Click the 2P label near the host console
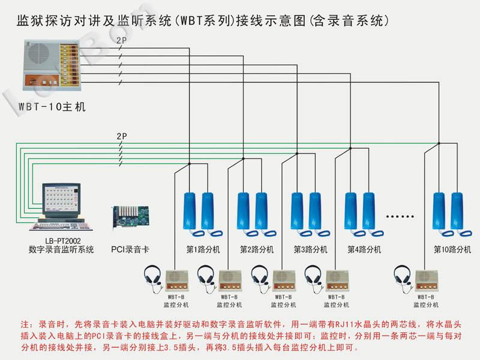click(121, 40)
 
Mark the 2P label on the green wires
click(121, 136)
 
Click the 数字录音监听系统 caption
click(62, 250)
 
